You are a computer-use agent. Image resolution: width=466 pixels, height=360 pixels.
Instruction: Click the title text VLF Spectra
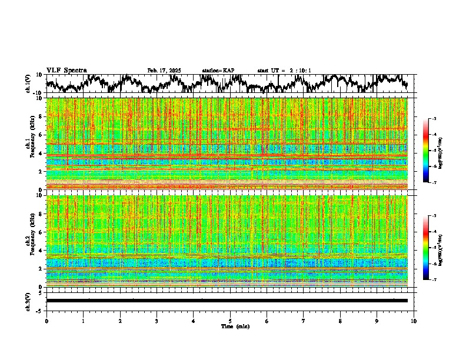tap(66, 71)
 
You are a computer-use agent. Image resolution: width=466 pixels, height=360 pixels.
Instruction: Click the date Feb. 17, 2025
tap(164, 71)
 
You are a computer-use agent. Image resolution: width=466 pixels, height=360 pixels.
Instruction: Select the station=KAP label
tap(218, 71)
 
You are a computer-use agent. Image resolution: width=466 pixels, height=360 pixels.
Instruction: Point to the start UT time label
tap(284, 71)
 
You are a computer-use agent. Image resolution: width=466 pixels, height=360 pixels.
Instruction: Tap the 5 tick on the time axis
tap(230, 321)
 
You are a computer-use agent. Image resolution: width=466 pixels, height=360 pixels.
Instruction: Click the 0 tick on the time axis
tap(46, 321)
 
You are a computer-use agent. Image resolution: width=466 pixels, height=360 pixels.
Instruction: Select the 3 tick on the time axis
tap(157, 321)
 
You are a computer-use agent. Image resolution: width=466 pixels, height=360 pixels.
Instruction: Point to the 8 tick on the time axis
tap(340, 321)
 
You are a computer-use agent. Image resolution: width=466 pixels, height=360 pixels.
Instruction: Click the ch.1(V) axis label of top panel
tap(29, 84)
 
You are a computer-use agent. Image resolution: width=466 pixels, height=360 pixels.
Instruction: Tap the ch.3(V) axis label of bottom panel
tap(29, 301)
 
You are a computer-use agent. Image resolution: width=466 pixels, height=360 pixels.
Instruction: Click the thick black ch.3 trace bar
tap(227, 301)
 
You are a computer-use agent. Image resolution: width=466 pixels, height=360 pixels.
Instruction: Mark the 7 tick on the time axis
tap(304, 321)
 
